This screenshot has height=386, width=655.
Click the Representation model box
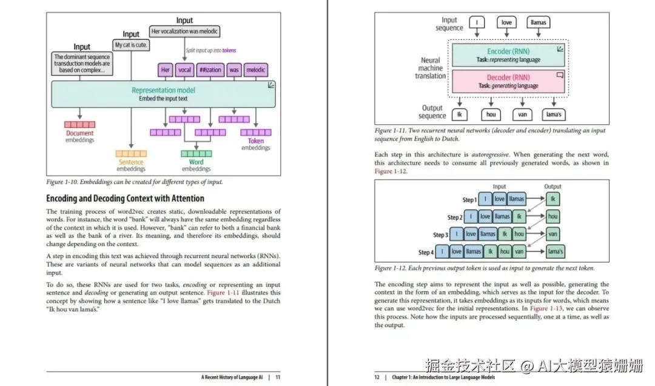163,94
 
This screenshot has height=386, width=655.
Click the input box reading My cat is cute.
131,45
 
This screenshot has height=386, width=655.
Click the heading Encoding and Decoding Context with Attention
125,198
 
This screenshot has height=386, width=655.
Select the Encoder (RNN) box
507,55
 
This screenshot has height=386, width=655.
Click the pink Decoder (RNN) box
507,81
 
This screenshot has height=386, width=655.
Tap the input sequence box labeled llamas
538,22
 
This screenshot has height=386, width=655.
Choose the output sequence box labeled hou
491,114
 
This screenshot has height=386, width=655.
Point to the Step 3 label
440,235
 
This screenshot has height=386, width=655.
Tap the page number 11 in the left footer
278,377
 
